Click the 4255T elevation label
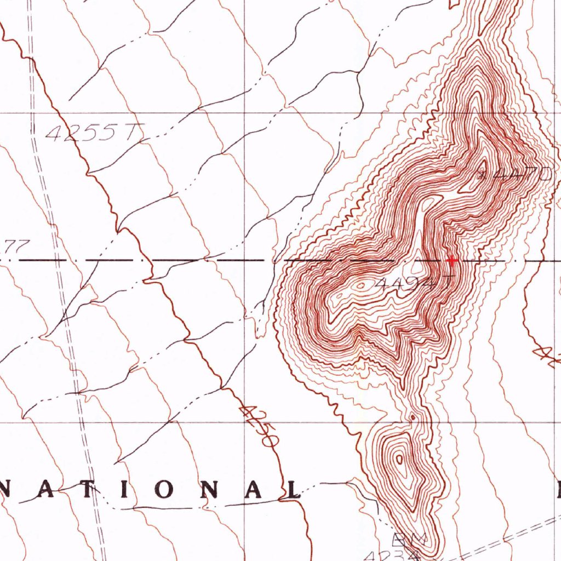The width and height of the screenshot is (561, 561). tap(94, 133)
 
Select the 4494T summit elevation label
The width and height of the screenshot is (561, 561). tap(415, 283)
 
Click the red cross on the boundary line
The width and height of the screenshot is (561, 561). tap(451, 260)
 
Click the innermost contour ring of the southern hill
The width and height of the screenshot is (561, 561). tap(399, 459)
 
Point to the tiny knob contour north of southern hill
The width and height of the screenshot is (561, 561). tap(412, 417)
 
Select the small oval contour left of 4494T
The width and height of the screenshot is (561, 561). tap(360, 285)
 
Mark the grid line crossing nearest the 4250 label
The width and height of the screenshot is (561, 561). tap(244, 422)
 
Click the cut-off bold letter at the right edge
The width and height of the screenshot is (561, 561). tap(557, 489)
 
